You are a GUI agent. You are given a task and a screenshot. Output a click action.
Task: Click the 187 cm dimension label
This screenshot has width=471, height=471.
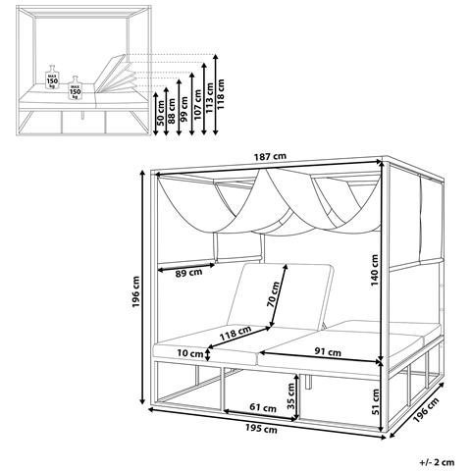270,157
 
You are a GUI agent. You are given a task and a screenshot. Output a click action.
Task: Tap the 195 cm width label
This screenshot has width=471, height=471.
261,428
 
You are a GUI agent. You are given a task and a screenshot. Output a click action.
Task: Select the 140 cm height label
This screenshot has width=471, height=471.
375,270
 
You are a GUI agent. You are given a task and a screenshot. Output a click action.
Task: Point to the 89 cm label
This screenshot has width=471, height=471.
188,273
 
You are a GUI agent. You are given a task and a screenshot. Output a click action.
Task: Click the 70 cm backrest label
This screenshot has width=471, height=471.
273,294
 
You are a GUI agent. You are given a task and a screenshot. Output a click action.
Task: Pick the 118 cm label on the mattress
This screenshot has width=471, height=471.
235,334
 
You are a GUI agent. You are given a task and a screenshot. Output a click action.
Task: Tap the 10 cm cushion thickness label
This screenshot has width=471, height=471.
190,353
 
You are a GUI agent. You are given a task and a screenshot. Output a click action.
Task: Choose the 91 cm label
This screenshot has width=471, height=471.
328,352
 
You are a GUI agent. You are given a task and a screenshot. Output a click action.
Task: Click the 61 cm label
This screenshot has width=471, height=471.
263,408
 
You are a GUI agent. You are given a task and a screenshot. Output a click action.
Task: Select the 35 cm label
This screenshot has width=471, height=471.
290,396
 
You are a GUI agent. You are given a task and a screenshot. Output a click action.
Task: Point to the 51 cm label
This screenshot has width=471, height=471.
376,401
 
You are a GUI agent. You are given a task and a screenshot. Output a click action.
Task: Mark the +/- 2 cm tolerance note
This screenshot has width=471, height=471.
437,462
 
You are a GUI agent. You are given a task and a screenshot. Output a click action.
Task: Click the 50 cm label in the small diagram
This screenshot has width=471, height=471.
160,113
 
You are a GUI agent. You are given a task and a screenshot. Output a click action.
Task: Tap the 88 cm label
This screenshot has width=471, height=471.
172,111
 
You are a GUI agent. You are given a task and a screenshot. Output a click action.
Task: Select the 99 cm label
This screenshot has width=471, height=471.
184,109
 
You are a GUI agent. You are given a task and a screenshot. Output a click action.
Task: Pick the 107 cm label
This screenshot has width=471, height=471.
197,105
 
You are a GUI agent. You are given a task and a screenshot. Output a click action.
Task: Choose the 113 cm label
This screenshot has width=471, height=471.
209,98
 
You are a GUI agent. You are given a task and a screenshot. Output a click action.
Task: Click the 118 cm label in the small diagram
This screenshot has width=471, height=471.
221,94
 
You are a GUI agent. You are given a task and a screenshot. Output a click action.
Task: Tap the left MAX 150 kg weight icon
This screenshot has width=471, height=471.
52,78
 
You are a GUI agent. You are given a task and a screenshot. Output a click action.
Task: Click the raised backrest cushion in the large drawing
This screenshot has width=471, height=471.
281,296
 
